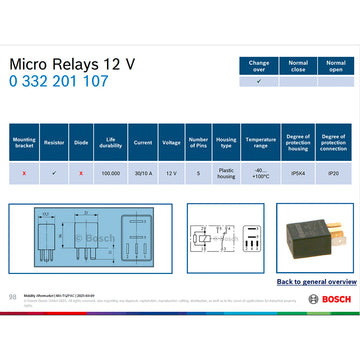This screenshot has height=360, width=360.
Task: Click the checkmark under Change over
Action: [x=259, y=82]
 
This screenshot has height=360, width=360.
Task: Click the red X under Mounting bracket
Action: [x=23, y=173]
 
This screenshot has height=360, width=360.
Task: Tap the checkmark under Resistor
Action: [x=54, y=173]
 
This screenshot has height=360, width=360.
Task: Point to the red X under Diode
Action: [x=81, y=173]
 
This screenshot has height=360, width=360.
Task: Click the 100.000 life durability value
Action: [x=110, y=173]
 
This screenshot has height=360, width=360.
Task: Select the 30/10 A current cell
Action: [x=142, y=173]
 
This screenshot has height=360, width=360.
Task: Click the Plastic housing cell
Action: [x=226, y=173]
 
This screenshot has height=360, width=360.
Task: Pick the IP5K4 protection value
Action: [x=297, y=173]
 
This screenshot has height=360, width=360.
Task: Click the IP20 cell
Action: [x=337, y=173]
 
